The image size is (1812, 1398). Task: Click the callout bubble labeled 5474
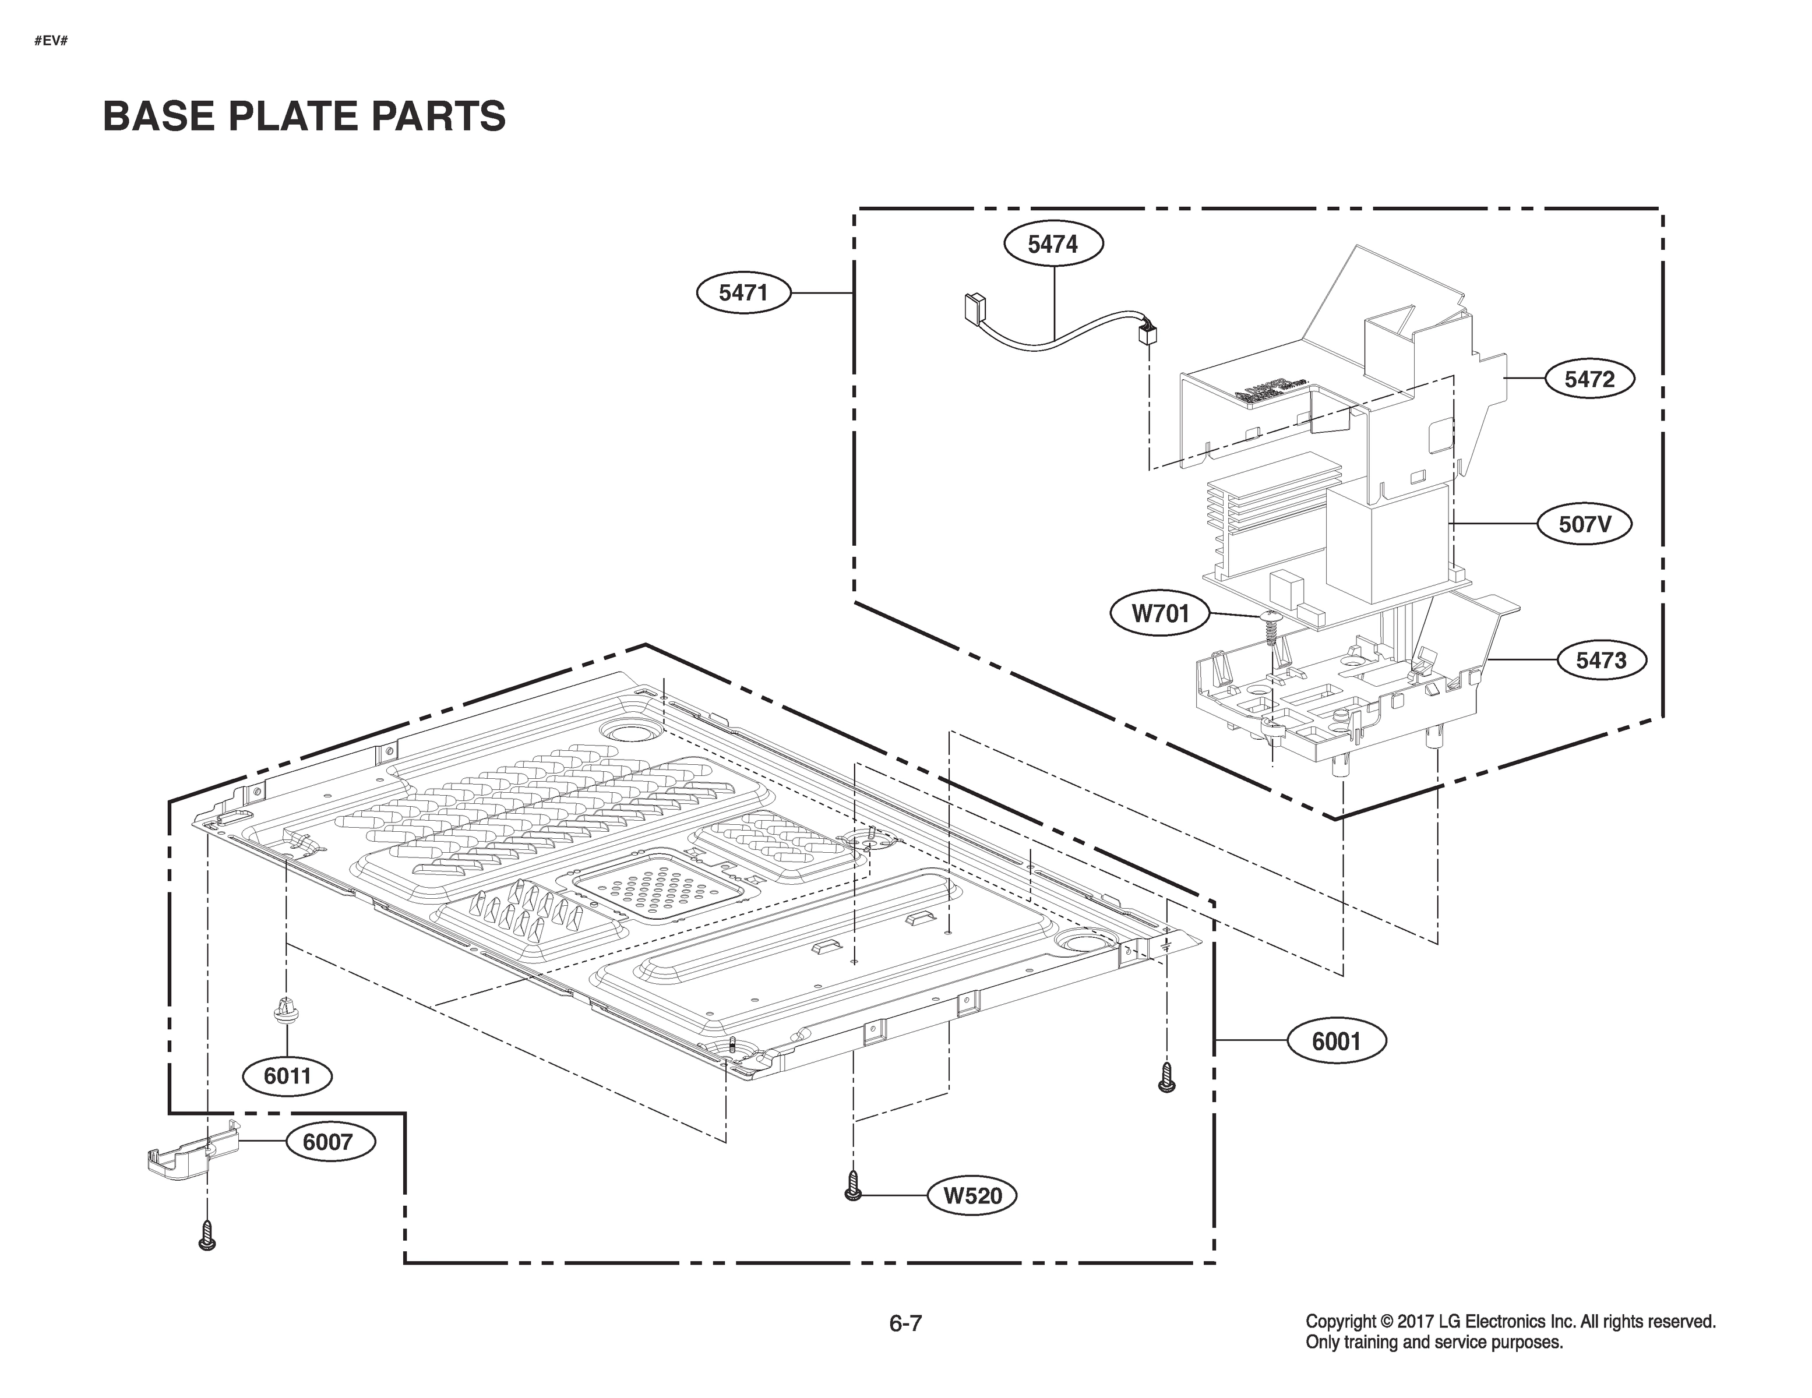(x=1053, y=244)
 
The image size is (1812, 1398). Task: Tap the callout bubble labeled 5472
(x=1589, y=379)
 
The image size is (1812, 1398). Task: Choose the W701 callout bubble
(x=1160, y=613)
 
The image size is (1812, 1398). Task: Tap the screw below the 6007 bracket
(x=207, y=1235)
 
